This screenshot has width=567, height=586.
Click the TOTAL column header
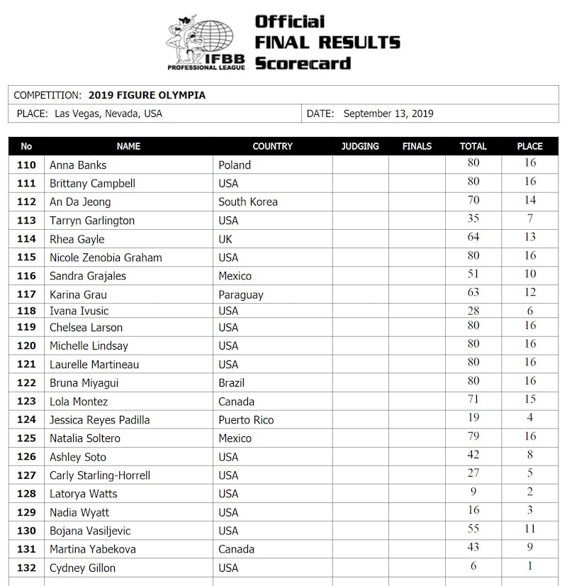pyautogui.click(x=473, y=146)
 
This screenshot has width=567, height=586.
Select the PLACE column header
pyautogui.click(x=529, y=146)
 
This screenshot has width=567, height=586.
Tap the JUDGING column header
pyautogui.click(x=360, y=146)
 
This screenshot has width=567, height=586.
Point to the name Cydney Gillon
pyautogui.click(x=82, y=568)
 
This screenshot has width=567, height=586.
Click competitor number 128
pyautogui.click(x=26, y=494)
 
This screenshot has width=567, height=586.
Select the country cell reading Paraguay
pyautogui.click(x=240, y=294)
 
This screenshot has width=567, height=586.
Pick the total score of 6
pyautogui.click(x=473, y=565)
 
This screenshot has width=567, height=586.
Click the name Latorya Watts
pyautogui.click(x=83, y=494)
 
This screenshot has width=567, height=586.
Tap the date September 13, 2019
pyautogui.click(x=388, y=114)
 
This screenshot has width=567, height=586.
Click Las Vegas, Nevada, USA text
pyautogui.click(x=108, y=114)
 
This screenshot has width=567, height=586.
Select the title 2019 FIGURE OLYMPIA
pyautogui.click(x=147, y=95)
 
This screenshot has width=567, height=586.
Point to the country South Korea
pyautogui.click(x=247, y=201)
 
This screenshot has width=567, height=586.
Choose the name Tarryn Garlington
pyautogui.click(x=92, y=220)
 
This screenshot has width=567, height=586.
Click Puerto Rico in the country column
pyautogui.click(x=246, y=420)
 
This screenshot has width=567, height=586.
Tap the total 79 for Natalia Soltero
pyautogui.click(x=473, y=436)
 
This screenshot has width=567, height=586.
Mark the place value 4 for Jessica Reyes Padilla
pyautogui.click(x=530, y=418)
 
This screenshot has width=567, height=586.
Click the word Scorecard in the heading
pyautogui.click(x=303, y=63)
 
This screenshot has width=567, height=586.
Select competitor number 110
pyautogui.click(x=26, y=165)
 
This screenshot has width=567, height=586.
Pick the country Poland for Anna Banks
pyautogui.click(x=235, y=165)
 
